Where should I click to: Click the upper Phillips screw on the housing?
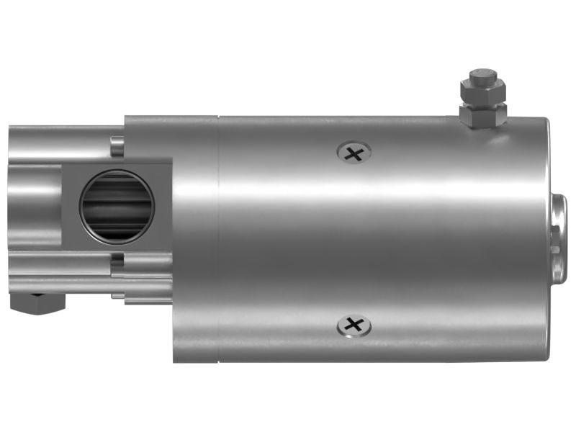(354, 152)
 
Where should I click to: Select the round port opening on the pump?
(117, 208)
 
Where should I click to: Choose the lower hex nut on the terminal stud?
(483, 114)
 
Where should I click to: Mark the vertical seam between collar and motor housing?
(218, 238)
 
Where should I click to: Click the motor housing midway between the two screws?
(354, 238)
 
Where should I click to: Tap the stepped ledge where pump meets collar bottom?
(148, 297)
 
